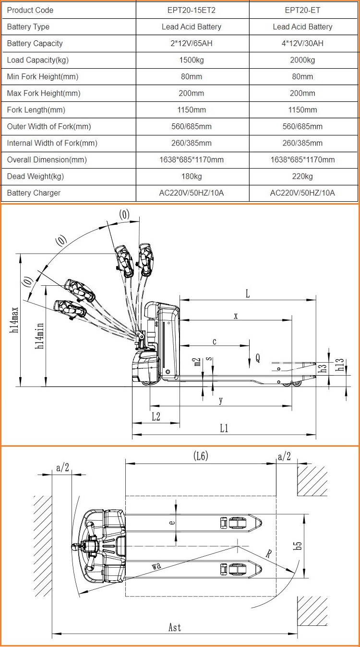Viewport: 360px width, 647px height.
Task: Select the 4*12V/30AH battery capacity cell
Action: coord(302,43)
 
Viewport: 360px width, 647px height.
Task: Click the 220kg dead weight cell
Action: coord(302,176)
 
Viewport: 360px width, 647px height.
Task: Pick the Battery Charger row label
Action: coord(34,193)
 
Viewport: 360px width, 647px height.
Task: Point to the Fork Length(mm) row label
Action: coord(36,110)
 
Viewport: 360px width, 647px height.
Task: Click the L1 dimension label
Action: coord(224,428)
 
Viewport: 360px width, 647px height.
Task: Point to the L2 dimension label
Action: coord(156,416)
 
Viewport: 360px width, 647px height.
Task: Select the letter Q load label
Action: coord(258,357)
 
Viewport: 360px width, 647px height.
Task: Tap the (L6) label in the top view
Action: coord(201,456)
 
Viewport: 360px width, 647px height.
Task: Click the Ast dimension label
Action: coord(175,627)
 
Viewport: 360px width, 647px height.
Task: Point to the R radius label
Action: coord(269,554)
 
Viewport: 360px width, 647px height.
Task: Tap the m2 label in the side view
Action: coord(196,361)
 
